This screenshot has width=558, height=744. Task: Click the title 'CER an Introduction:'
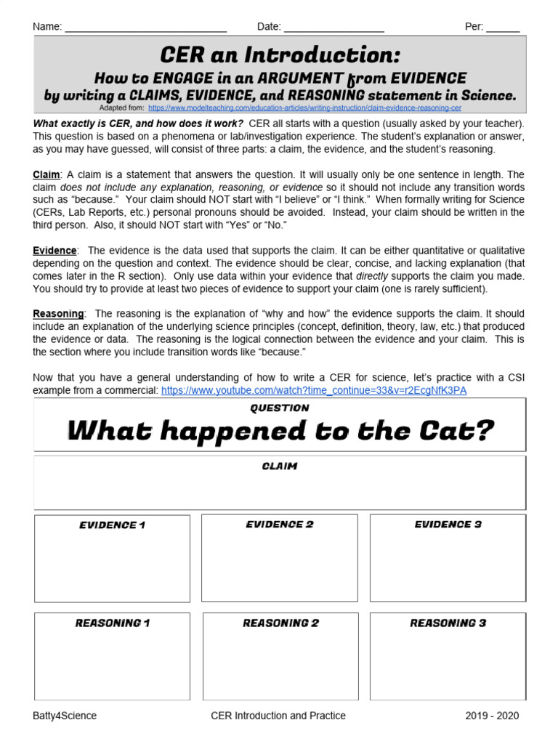pos(280,55)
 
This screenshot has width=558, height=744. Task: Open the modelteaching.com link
pos(304,108)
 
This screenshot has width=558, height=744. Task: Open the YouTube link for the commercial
pos(314,390)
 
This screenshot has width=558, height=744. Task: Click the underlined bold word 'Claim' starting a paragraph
pos(47,175)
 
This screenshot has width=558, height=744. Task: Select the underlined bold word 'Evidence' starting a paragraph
pos(54,251)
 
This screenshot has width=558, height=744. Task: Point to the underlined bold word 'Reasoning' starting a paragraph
pos(59,313)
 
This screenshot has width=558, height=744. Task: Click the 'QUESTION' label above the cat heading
pos(280,408)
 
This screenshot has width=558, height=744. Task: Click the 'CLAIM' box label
pos(280,466)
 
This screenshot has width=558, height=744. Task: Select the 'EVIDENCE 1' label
pos(113,525)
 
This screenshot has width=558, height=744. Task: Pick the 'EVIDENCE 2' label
pos(280,525)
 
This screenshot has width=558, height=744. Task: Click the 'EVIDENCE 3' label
pos(448,525)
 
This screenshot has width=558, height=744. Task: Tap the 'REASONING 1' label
pos(113,623)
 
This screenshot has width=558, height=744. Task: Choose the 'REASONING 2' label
pos(280,623)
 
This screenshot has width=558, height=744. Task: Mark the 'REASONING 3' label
pos(448,623)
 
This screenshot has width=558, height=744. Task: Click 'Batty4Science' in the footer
pos(65,716)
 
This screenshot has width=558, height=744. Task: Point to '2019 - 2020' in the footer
pos(493,716)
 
